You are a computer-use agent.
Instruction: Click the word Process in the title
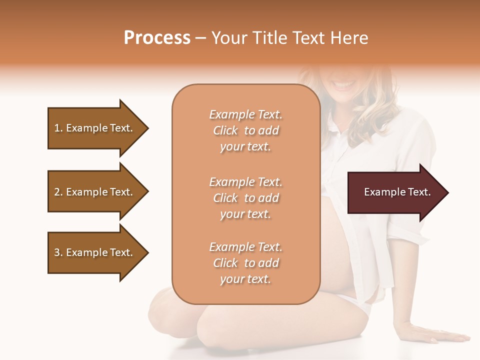click(x=157, y=38)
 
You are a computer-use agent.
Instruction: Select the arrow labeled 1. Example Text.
click(x=95, y=128)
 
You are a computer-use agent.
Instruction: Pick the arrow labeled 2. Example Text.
click(x=95, y=192)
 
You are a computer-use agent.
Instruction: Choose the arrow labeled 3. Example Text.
click(x=95, y=252)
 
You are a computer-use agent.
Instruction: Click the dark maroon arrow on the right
click(x=395, y=192)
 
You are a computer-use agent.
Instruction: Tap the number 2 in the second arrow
click(x=57, y=192)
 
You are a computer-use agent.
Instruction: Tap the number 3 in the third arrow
click(x=57, y=252)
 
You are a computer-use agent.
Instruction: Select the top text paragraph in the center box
click(x=245, y=130)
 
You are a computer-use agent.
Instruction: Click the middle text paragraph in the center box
click(x=245, y=198)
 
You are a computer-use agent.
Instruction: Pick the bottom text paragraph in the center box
click(x=245, y=263)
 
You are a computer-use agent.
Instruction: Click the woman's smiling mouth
click(x=344, y=85)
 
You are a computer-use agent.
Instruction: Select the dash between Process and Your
click(x=201, y=38)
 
